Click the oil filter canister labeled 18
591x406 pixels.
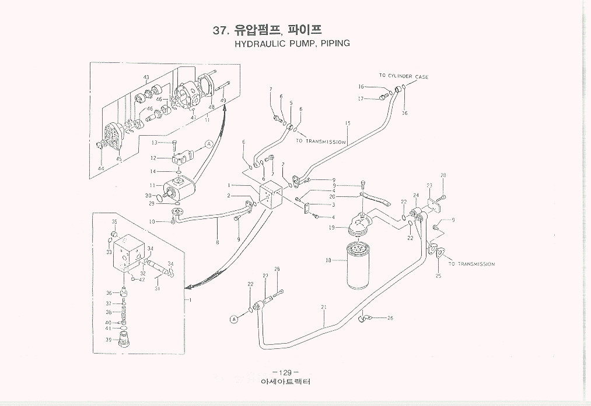(x=358, y=265)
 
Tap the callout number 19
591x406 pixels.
(x=331, y=228)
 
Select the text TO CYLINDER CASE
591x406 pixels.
(x=404, y=76)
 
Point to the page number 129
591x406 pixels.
(x=285, y=373)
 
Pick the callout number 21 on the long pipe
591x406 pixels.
(x=323, y=307)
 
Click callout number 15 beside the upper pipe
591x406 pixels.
(x=347, y=123)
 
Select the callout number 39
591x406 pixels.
(x=109, y=340)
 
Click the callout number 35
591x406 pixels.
(x=114, y=222)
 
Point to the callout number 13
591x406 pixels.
(x=154, y=143)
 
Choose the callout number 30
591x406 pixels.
(x=148, y=195)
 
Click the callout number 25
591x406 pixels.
(x=438, y=275)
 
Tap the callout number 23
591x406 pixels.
(x=429, y=186)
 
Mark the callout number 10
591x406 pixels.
(x=152, y=222)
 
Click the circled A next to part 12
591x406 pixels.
(x=208, y=143)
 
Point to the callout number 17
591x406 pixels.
(x=361, y=99)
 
